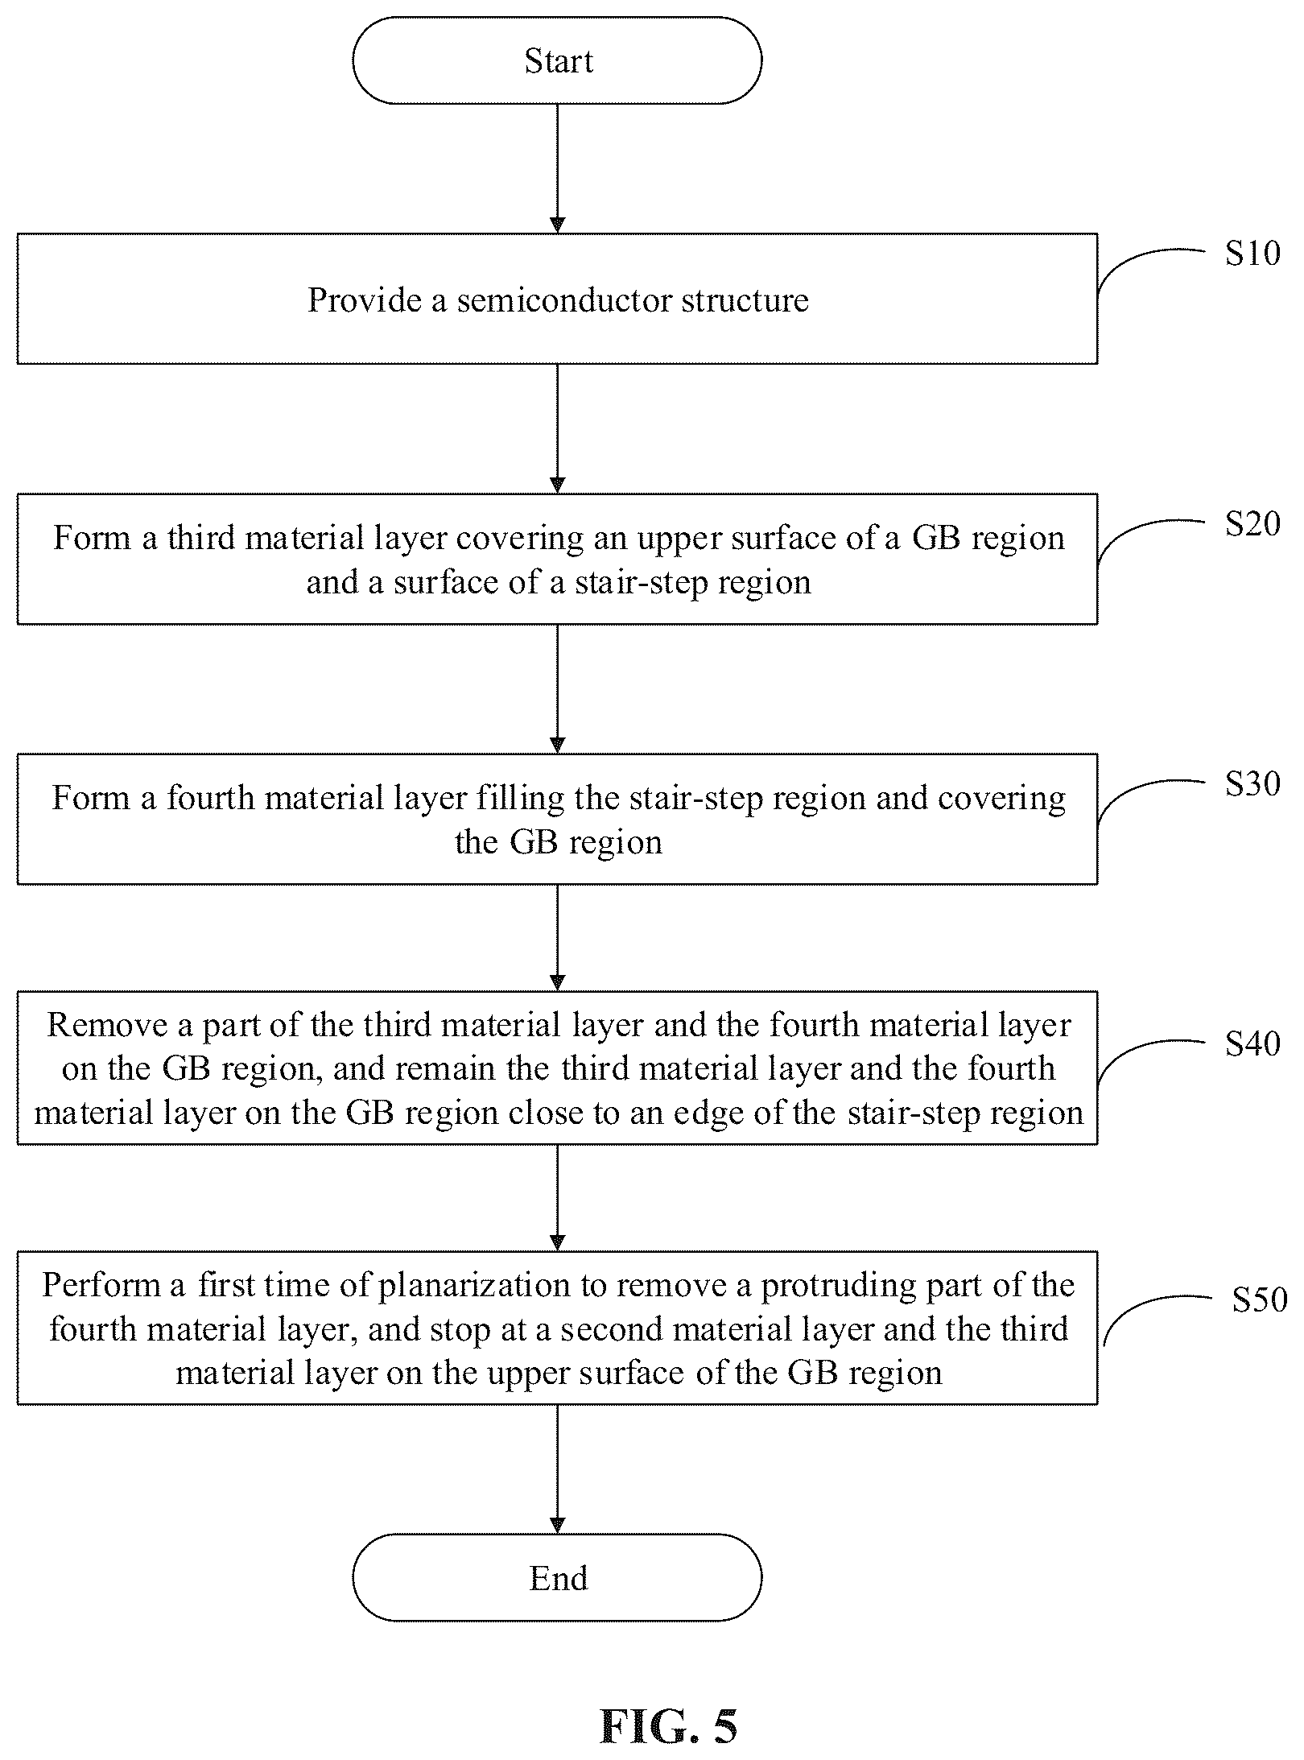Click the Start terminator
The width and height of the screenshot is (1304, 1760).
tap(557, 60)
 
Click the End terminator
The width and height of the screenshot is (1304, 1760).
tap(557, 1577)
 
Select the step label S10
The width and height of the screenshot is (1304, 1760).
tap(1252, 254)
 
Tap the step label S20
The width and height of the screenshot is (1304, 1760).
tap(1252, 524)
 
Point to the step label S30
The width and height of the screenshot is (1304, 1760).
tap(1252, 784)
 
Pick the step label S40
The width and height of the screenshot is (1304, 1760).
tap(1252, 1044)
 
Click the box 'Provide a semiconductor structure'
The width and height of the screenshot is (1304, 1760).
tap(557, 299)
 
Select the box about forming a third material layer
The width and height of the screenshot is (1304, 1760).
tap(557, 559)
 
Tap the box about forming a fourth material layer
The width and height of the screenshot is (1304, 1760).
tap(557, 819)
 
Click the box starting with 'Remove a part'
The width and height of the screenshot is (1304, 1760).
tap(557, 1068)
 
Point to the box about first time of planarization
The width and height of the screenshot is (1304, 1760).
tap(557, 1328)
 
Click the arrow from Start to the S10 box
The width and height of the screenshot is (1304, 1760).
tap(557, 169)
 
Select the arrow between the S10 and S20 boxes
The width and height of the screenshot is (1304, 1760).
tap(557, 429)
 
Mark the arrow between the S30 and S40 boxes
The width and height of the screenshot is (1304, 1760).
tap(557, 938)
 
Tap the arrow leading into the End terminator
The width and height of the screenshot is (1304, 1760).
tap(557, 1469)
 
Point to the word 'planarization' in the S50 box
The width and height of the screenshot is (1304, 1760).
tap(475, 1287)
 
